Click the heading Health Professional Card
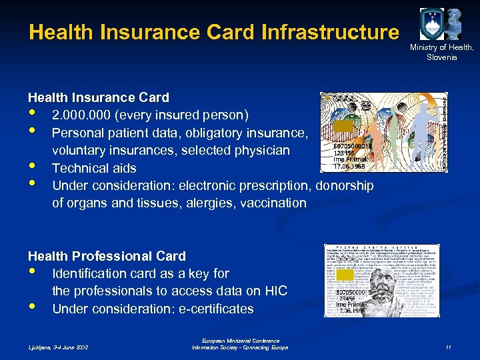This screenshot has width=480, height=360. pos(107,256)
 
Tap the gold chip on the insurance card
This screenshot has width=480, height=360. pos(343,126)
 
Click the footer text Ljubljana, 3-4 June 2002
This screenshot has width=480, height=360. pos(59,347)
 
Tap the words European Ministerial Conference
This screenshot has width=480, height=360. pos(239,341)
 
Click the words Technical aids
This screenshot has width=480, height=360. pos(94,168)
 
